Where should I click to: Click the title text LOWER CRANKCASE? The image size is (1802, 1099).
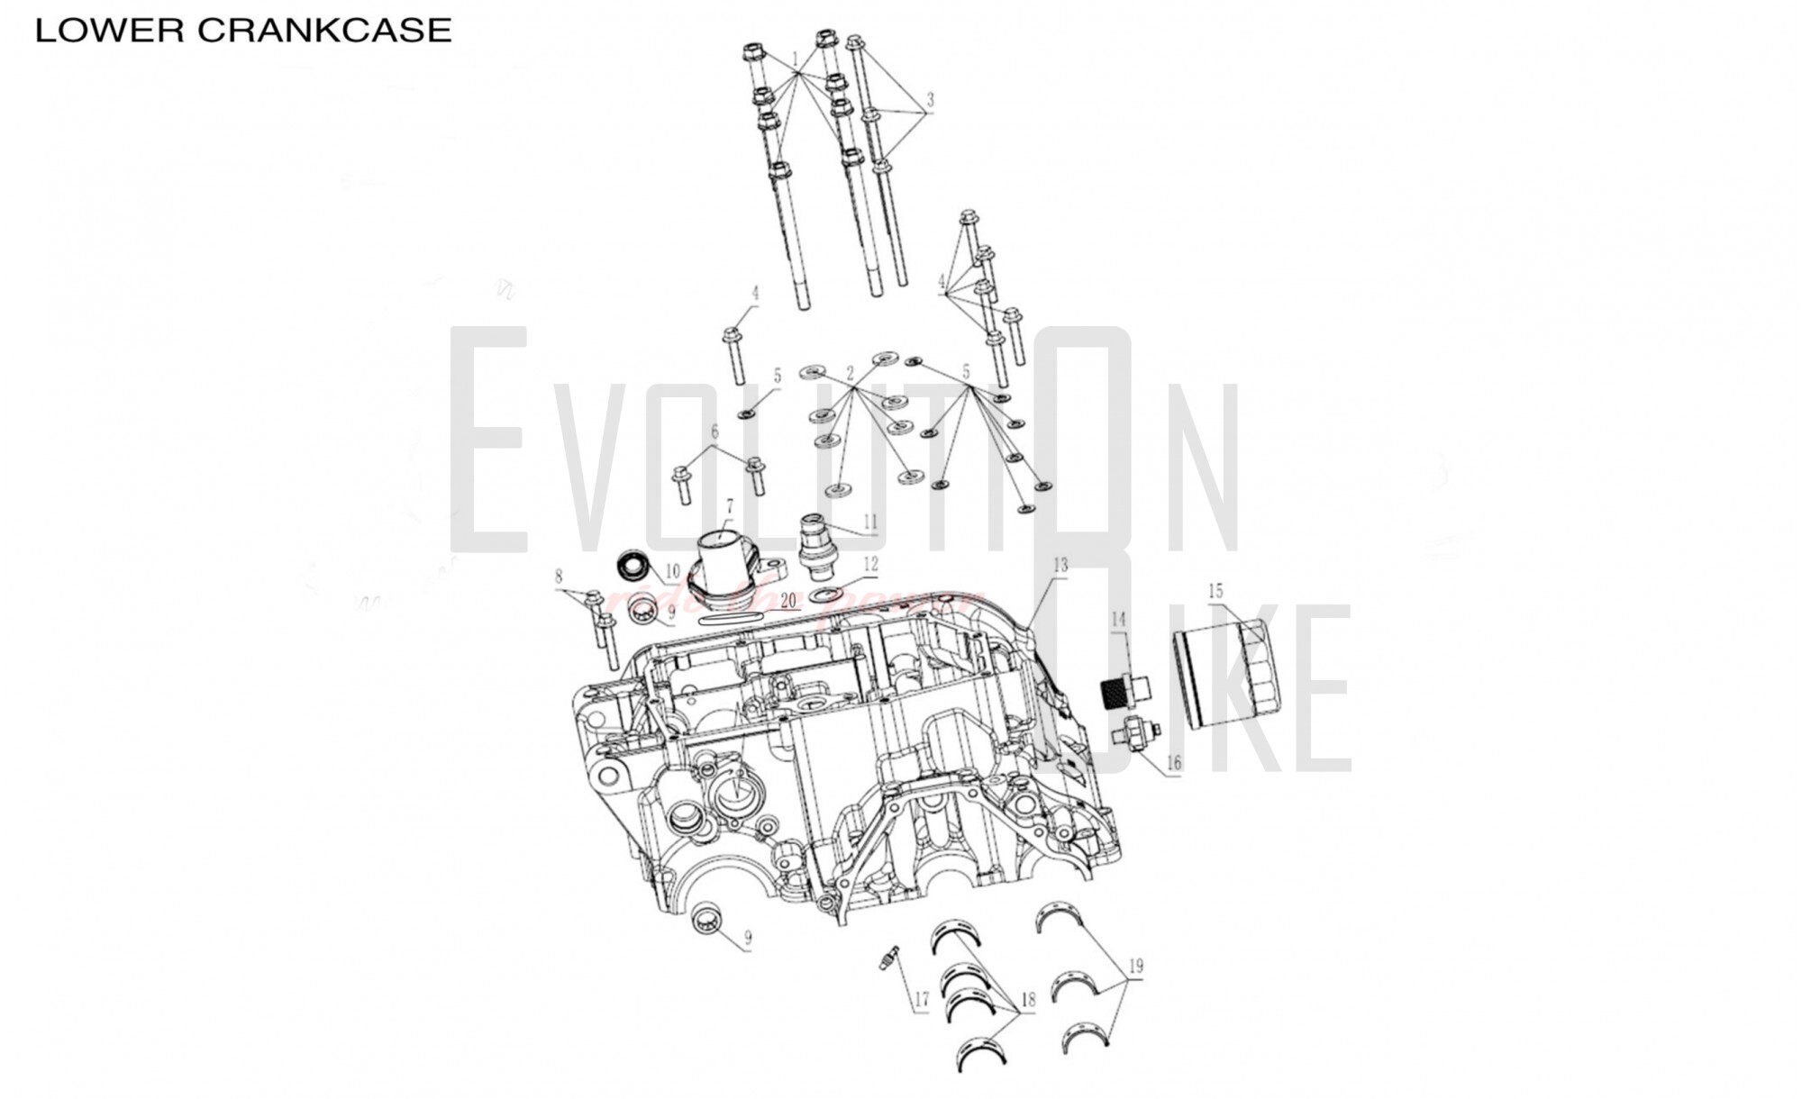(242, 31)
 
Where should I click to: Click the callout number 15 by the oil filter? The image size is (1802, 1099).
(1215, 591)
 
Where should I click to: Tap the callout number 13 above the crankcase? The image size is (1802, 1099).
(1060, 565)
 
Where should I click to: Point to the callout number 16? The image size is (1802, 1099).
(1173, 764)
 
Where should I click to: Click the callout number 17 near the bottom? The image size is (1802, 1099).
(921, 999)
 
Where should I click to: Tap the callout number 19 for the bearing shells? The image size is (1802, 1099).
(1136, 966)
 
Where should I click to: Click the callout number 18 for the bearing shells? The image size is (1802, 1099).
(1029, 999)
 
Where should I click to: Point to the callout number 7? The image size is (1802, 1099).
(729, 505)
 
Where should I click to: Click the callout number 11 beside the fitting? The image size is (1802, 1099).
(869, 522)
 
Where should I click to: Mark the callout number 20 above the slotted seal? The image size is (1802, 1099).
(788, 600)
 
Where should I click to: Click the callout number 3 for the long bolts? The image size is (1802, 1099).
(930, 99)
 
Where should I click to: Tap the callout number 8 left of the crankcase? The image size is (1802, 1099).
(559, 577)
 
